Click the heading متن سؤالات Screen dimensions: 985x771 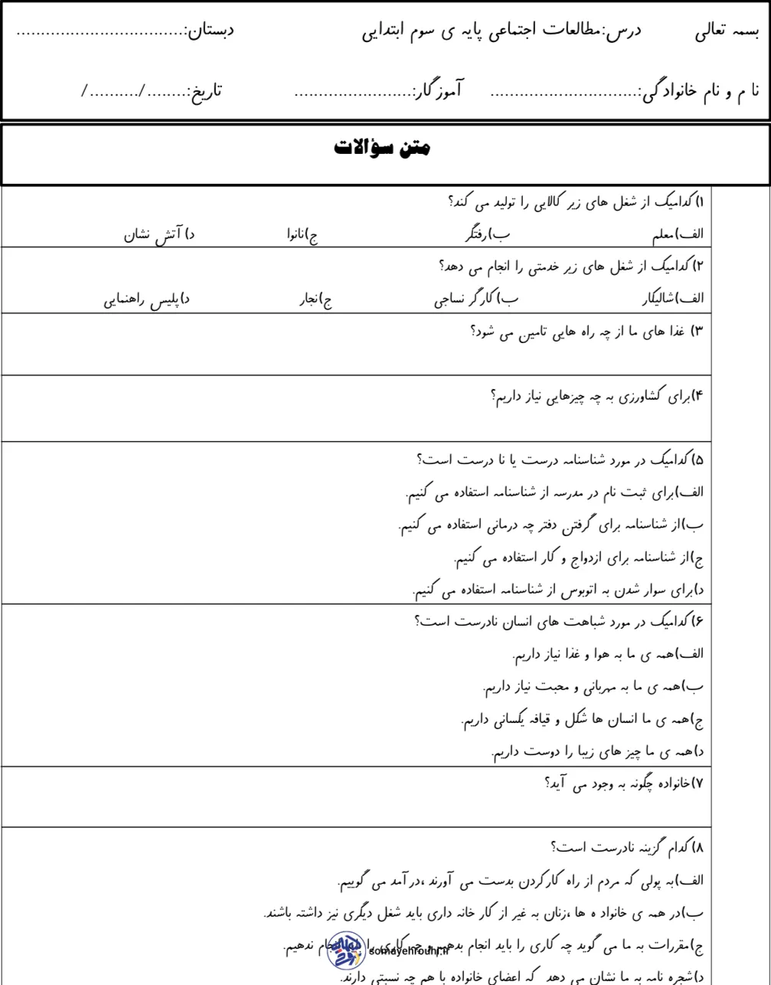coord(382,148)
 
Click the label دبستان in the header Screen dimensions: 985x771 coord(208,32)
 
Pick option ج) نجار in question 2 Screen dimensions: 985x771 coord(315,299)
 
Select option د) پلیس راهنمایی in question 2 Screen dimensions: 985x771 coord(146,299)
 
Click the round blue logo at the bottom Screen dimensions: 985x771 coord(345,950)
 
